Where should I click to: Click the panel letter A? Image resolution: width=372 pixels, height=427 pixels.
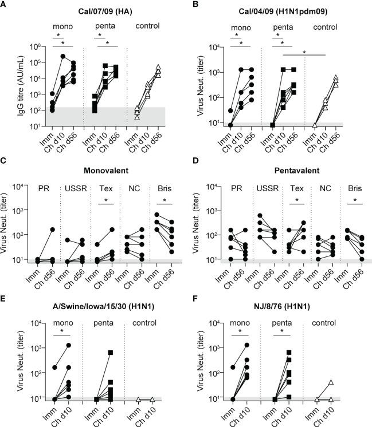pyautogui.click(x=5, y=5)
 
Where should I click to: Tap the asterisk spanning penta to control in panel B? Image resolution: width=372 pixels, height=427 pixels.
pyautogui.click(x=304, y=52)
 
